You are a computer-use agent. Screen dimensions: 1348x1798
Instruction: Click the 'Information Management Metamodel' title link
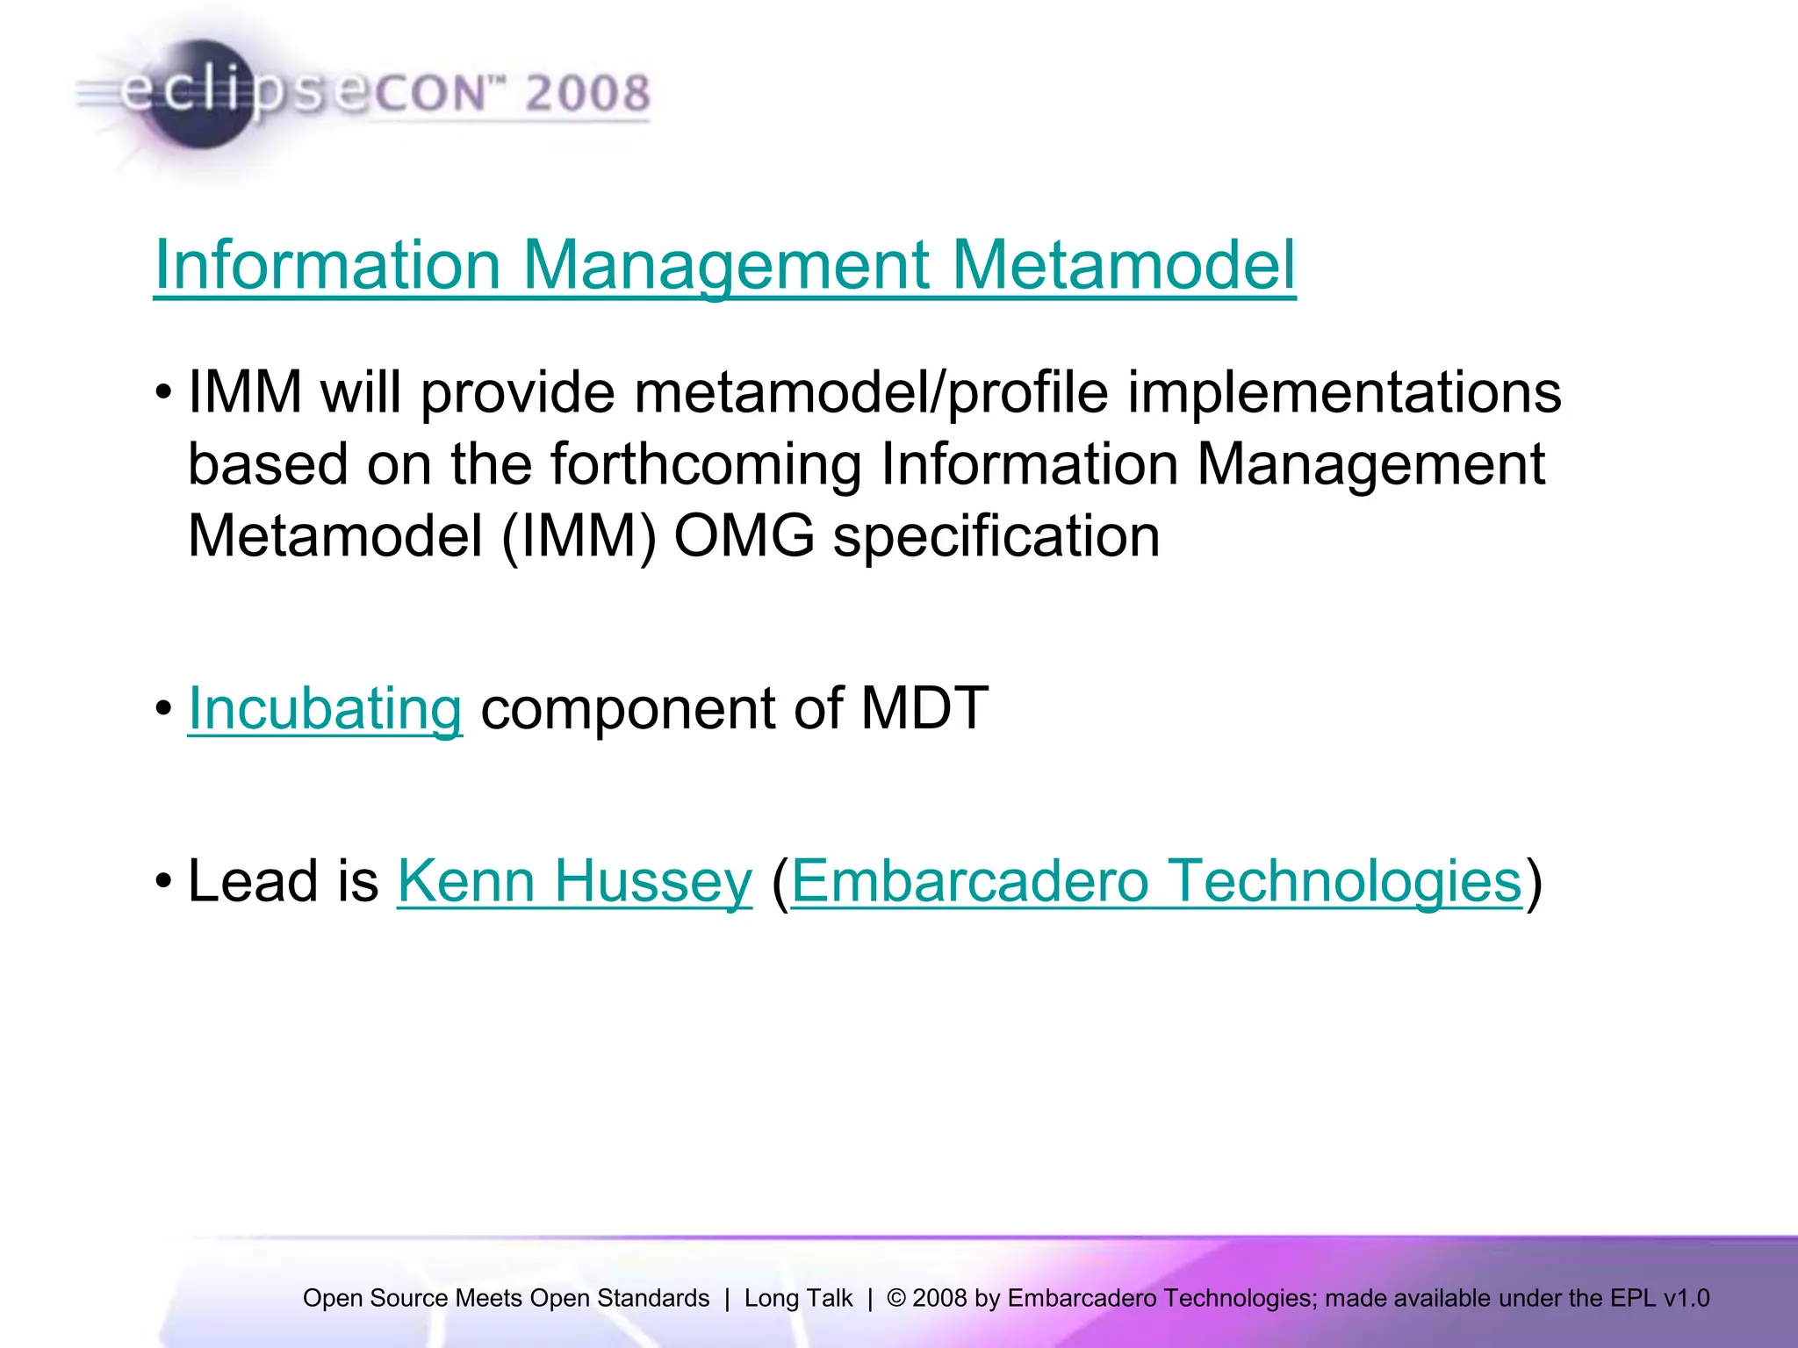724,265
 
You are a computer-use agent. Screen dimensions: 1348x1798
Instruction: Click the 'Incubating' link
325,708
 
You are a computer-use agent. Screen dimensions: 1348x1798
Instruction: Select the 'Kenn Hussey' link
575,880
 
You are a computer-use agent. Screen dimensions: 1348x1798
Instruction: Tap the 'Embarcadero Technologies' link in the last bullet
1156,880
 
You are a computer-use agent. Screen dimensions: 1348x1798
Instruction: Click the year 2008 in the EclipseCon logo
587,93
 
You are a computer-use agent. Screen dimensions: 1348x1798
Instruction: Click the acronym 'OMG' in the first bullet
744,535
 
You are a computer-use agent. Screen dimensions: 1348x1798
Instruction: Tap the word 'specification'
996,535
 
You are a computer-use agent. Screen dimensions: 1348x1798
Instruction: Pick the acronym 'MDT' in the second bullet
924,708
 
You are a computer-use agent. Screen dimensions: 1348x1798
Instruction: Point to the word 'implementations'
1344,391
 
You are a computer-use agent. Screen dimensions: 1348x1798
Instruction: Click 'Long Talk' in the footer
798,1298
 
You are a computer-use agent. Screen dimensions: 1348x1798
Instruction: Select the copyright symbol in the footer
895,1298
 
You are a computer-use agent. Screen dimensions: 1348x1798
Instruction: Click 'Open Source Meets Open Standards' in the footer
506,1298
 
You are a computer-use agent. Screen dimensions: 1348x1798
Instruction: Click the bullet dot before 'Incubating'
163,708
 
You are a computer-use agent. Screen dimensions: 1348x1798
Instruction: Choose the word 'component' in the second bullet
628,708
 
